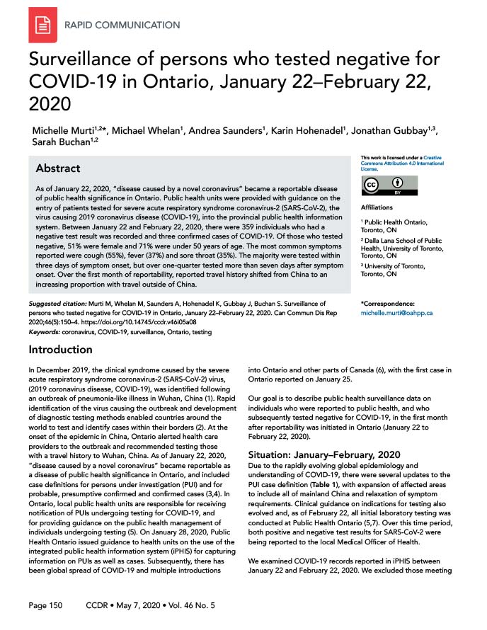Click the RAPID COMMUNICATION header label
coord(122,25)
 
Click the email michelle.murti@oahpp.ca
coord(397,312)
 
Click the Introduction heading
coord(60,350)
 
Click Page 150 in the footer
coord(45,605)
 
